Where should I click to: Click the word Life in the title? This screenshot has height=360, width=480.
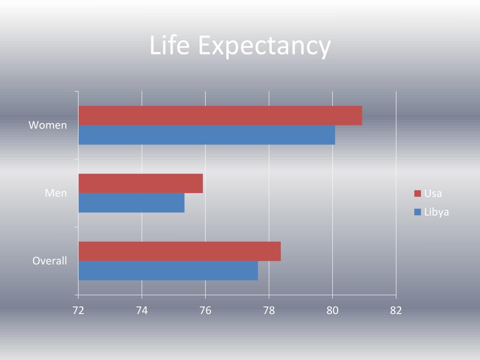pyautogui.click(x=169, y=46)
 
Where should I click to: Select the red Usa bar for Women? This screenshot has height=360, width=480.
pyautogui.click(x=220, y=116)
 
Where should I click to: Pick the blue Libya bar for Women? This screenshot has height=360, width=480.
pyautogui.click(x=207, y=135)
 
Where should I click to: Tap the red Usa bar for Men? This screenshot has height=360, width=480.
pyautogui.click(x=141, y=183)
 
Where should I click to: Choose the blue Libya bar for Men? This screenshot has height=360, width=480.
pyautogui.click(x=131, y=203)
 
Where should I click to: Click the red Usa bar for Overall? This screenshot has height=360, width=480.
pyautogui.click(x=180, y=251)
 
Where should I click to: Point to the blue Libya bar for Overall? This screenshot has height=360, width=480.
pyautogui.click(x=168, y=270)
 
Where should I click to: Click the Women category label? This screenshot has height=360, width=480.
pyautogui.click(x=48, y=125)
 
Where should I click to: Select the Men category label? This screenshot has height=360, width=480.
pyautogui.click(x=56, y=193)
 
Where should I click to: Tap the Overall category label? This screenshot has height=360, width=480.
pyautogui.click(x=50, y=261)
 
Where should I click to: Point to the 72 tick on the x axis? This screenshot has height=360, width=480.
pyautogui.click(x=78, y=310)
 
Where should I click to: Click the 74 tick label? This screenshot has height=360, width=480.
pyautogui.click(x=142, y=310)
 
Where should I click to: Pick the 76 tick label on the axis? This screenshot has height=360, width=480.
pyautogui.click(x=205, y=310)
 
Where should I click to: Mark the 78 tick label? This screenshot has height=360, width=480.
pyautogui.click(x=269, y=310)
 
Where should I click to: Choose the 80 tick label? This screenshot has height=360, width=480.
pyautogui.click(x=332, y=310)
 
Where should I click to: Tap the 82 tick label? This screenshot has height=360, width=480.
pyautogui.click(x=396, y=310)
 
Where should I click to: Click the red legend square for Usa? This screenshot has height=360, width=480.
pyautogui.click(x=417, y=194)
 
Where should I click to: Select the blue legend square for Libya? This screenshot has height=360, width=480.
pyautogui.click(x=417, y=212)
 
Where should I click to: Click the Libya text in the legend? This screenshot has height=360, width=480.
pyautogui.click(x=436, y=212)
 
